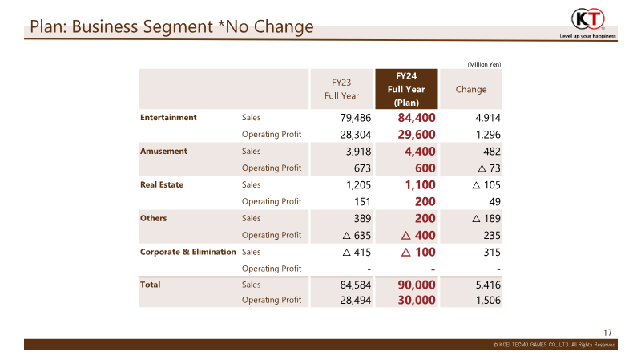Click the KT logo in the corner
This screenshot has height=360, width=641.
[x=588, y=19]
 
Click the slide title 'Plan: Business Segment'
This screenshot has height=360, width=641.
[x=122, y=27]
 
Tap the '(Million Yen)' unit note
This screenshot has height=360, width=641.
[x=484, y=64]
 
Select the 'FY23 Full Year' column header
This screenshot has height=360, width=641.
[x=341, y=89]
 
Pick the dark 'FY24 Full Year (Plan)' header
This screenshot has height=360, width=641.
[x=406, y=89]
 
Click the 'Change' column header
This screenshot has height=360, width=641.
[x=471, y=89]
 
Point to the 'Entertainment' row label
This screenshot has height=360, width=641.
[x=168, y=117]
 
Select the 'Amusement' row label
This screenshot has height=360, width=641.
[x=163, y=151]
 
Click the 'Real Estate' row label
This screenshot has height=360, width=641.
[x=162, y=184]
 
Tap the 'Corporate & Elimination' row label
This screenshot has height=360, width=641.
[x=188, y=252]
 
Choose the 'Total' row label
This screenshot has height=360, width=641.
[x=150, y=285]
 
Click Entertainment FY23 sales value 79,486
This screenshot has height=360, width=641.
[x=355, y=118]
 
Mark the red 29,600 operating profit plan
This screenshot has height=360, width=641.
[x=417, y=135]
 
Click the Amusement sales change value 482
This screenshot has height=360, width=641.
[x=492, y=152]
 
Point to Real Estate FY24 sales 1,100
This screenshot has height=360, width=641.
[x=420, y=185]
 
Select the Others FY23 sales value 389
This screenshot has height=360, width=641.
[x=363, y=218]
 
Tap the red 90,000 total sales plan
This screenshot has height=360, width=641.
[x=417, y=285]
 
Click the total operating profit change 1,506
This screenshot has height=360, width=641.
[x=488, y=301]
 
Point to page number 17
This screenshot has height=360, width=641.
[x=607, y=333]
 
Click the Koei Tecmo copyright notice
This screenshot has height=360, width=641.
[x=554, y=345]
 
